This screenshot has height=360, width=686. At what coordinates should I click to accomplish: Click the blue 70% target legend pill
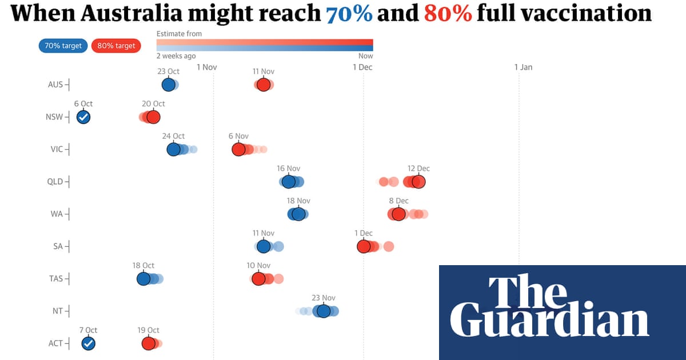(63, 46)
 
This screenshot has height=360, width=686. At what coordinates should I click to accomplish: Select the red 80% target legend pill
(116, 46)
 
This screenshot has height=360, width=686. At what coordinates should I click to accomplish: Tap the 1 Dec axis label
(362, 67)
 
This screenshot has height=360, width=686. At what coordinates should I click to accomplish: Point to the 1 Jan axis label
(523, 67)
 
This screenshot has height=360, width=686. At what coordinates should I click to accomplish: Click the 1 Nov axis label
(206, 67)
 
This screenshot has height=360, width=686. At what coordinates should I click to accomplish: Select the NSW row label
(55, 117)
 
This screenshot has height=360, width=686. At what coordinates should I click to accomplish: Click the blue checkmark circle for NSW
(83, 117)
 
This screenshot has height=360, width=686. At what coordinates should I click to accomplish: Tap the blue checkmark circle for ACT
(88, 343)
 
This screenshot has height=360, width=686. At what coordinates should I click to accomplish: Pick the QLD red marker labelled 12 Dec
(418, 182)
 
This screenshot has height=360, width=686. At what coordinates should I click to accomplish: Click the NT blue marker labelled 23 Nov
(323, 311)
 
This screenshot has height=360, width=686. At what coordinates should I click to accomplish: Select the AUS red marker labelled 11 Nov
(263, 85)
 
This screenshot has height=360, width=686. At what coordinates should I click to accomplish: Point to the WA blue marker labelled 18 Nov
(298, 214)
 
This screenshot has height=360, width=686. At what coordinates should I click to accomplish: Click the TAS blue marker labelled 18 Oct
(143, 278)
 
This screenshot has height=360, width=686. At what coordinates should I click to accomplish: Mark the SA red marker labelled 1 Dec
(364, 246)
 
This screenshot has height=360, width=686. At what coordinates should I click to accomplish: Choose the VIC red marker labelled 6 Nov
(238, 149)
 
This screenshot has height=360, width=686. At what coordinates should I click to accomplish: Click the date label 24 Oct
(173, 136)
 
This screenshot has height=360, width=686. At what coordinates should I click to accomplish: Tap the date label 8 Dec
(398, 201)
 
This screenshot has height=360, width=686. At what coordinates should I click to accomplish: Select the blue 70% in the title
(349, 13)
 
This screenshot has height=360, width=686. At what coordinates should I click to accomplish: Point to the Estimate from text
(179, 34)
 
